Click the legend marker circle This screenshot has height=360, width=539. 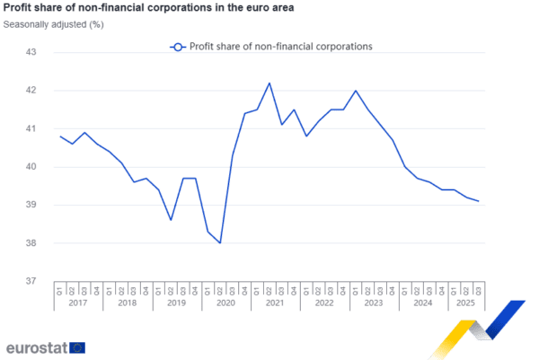tap(178, 46)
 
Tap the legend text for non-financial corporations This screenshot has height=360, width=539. tap(280, 46)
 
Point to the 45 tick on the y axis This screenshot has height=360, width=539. tap(31, 52)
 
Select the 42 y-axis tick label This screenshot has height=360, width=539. tap(31, 91)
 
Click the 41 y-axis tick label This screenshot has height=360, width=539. tap(31, 128)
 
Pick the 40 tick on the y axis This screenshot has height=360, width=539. tap(31, 167)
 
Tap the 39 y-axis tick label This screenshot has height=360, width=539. tap(31, 205)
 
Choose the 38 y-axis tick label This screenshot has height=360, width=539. tap(31, 243)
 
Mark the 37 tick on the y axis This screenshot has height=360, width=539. tap(31, 281)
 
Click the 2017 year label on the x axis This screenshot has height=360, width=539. tap(77, 303)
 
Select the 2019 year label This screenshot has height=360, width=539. tap(175, 303)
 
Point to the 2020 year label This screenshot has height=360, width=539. tap(225, 303)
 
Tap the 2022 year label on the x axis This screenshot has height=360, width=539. tap(323, 303)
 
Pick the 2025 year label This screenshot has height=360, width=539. tap(464, 303)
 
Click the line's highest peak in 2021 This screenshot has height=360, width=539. tap(269, 83)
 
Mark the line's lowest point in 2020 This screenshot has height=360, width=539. tap(220, 242)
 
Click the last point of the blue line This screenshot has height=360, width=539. tap(479, 201)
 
